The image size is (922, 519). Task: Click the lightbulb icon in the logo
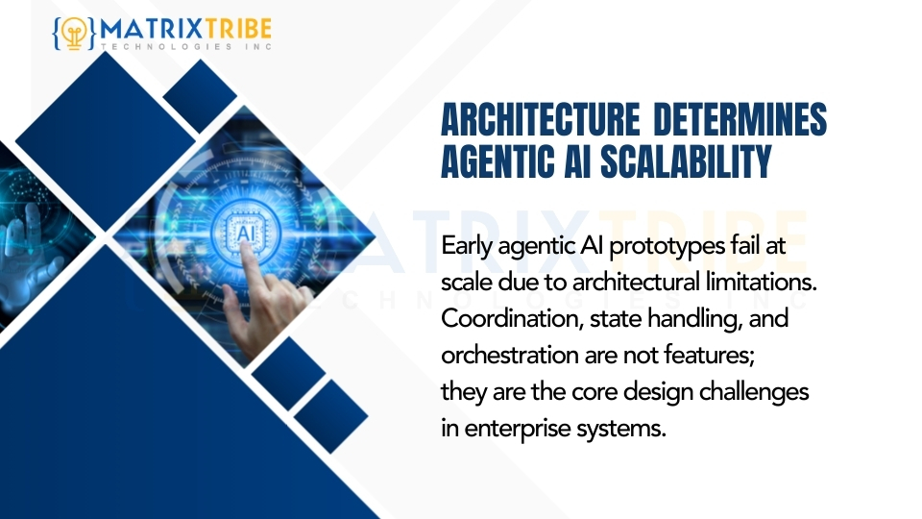pyautogui.click(x=73, y=32)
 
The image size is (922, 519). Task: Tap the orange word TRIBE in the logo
pyautogui.click(x=237, y=29)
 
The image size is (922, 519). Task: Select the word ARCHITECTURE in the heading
pyautogui.click(x=539, y=122)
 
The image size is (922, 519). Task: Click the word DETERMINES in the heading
pyautogui.click(x=740, y=122)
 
